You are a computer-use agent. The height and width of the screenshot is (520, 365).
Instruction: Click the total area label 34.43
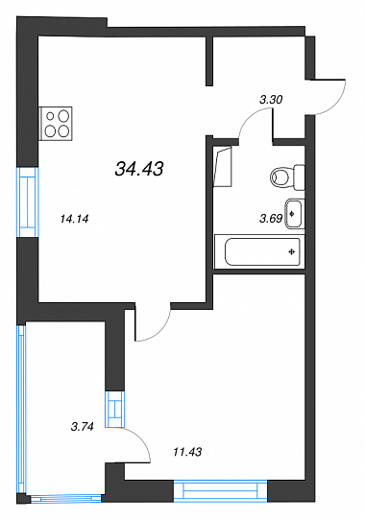tap(139, 169)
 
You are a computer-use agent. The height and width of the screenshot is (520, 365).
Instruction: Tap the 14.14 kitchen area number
tap(74, 219)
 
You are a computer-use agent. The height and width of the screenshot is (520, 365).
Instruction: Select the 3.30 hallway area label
tap(271, 99)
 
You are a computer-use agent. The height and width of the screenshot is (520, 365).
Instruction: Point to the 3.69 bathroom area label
tap(271, 219)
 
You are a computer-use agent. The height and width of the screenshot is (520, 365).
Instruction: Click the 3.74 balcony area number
tap(82, 426)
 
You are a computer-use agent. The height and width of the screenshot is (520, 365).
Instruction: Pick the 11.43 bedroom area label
tap(187, 452)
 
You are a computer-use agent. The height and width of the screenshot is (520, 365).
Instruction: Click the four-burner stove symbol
tap(56, 124)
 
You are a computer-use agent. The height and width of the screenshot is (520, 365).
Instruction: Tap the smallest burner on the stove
tap(51, 116)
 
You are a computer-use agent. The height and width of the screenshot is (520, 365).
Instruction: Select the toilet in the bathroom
tap(287, 177)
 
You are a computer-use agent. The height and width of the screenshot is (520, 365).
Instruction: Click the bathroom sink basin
tap(295, 214)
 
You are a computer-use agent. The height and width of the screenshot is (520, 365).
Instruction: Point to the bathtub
tap(259, 251)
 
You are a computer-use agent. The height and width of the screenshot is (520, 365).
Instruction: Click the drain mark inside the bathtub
tap(292, 252)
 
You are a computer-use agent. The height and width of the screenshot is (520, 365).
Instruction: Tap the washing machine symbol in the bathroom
tap(223, 167)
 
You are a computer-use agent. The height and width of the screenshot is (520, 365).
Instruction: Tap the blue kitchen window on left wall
tap(28, 202)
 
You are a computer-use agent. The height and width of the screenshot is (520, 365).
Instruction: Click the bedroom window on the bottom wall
tap(221, 490)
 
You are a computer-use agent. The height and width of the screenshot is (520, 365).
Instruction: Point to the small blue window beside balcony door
tap(115, 410)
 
